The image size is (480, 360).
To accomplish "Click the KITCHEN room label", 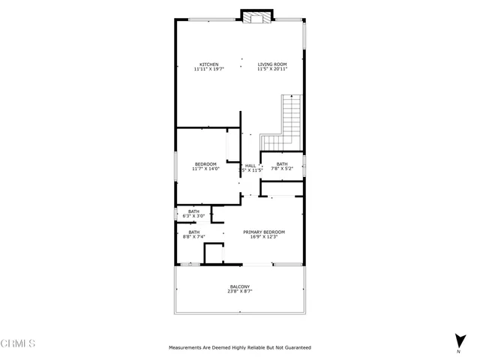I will (208, 64).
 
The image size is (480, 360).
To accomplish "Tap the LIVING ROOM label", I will (272, 64).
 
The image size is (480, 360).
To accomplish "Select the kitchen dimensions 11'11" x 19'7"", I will (208, 69).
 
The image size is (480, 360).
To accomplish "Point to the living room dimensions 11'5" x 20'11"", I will (272, 69).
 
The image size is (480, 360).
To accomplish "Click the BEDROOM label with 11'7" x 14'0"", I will (205, 164).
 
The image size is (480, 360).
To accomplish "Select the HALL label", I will (250, 165).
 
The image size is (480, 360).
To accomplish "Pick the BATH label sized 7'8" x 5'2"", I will (281, 164).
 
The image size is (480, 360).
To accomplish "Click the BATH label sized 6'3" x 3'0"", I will (193, 211).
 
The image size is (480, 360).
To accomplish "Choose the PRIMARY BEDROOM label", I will (264, 232).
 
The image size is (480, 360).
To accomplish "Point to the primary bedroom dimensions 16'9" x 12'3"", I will (264, 237).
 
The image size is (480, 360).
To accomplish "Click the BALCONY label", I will (240, 286).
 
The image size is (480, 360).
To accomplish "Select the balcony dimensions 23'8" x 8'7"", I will (240, 292).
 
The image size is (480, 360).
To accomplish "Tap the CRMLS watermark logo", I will (18, 343).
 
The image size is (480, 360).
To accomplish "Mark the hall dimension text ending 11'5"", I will (253, 170).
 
